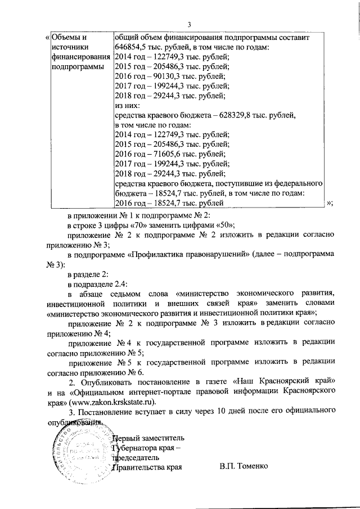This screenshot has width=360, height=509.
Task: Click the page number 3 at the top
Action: pyautogui.click(x=189, y=24)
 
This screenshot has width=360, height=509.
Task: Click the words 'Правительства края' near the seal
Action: pyautogui.click(x=147, y=467)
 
